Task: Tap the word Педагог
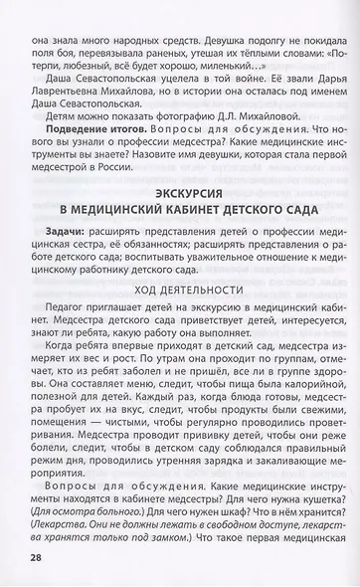pyautogui.click(x=66, y=309)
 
